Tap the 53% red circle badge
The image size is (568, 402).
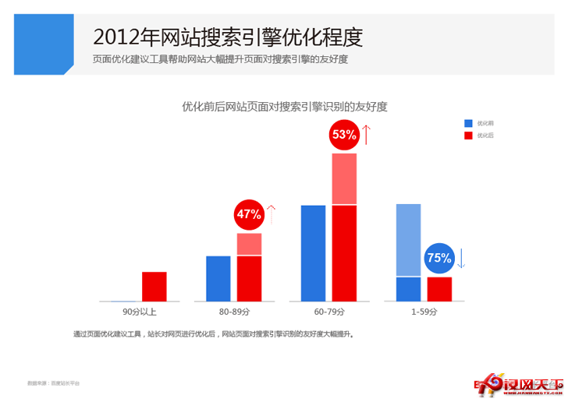tap(344, 135)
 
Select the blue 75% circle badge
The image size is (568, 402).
tap(438, 258)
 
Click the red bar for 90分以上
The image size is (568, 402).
tap(154, 286)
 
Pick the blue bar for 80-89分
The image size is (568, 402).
tap(218, 278)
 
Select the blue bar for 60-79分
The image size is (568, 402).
tap(313, 252)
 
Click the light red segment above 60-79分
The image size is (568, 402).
tap(344, 179)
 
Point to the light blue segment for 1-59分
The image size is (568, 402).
tap(408, 240)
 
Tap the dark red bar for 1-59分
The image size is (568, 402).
tap(439, 289)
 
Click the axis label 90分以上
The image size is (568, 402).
tap(140, 312)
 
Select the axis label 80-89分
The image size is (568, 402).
tap(234, 312)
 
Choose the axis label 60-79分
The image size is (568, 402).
tap(328, 312)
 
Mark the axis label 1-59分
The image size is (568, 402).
tap(424, 312)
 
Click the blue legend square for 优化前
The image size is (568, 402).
tap(468, 123)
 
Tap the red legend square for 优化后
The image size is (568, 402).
tap(468, 136)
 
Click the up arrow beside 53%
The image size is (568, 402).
tap(367, 134)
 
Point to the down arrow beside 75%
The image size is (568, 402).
tap(461, 258)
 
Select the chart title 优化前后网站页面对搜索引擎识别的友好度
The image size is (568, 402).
tap(284, 106)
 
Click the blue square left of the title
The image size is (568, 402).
tap(37, 44)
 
